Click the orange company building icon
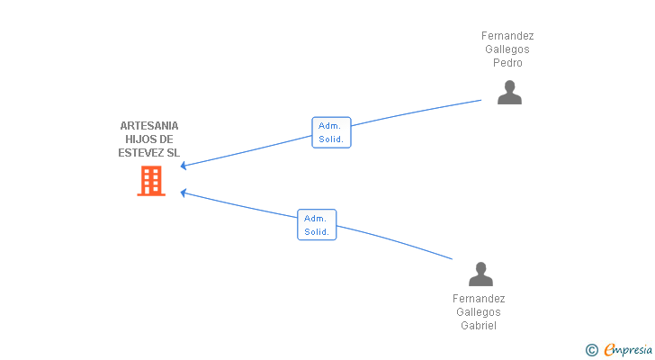click(x=151, y=181)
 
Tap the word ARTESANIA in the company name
click(x=149, y=126)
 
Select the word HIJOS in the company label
click(x=138, y=139)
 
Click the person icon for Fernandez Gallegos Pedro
click(x=509, y=93)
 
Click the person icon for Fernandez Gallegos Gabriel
click(x=480, y=274)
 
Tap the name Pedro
click(x=507, y=63)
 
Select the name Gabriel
click(x=479, y=325)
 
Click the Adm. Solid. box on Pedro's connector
click(x=331, y=132)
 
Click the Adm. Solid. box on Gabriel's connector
click(x=317, y=225)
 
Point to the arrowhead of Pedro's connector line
click(x=183, y=166)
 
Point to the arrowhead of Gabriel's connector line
click(x=183, y=193)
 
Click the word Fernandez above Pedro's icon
click(x=507, y=36)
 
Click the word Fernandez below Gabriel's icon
click(x=479, y=299)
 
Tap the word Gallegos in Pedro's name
click(x=507, y=49)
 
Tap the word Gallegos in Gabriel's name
click(x=479, y=312)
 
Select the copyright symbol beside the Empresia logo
click(x=591, y=350)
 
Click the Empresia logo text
click(x=628, y=349)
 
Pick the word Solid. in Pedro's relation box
click(x=331, y=139)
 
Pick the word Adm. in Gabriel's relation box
click(x=315, y=218)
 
